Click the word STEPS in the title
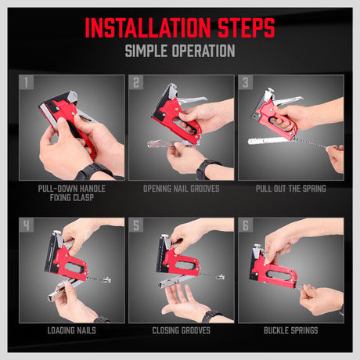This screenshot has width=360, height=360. pyautogui.click(x=239, y=27)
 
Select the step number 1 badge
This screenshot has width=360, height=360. pyautogui.click(x=27, y=82)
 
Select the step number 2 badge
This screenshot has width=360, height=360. pyautogui.click(x=137, y=82)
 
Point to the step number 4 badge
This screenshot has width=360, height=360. pyautogui.click(x=27, y=225)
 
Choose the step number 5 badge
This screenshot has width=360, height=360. pyautogui.click(x=137, y=225)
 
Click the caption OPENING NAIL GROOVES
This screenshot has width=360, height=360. pyautogui.click(x=181, y=189)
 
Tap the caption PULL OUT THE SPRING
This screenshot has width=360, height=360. pyautogui.click(x=290, y=189)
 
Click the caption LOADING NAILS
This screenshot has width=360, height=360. pyautogui.click(x=71, y=331)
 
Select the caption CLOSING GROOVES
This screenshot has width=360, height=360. pyautogui.click(x=181, y=331)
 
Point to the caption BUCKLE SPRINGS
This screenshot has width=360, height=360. pyautogui.click(x=290, y=331)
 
